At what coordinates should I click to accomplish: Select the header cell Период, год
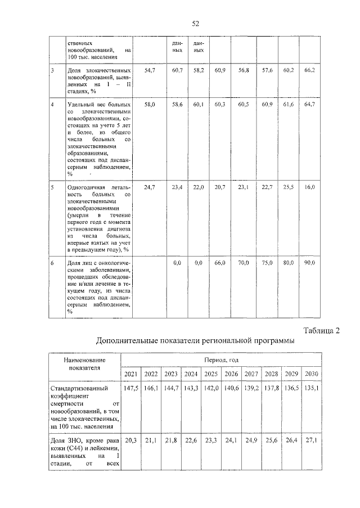click(221, 360)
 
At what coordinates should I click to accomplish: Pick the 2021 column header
click(130, 374)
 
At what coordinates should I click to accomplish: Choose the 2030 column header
click(312, 374)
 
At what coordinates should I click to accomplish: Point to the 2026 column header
click(231, 374)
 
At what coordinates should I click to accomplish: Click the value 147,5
click(130, 388)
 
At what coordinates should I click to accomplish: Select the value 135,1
click(312, 388)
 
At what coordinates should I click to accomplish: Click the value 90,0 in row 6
click(310, 263)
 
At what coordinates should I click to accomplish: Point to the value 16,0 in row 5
click(310, 186)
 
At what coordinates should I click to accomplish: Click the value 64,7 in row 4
click(310, 105)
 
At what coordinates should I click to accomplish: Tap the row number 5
click(52, 186)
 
